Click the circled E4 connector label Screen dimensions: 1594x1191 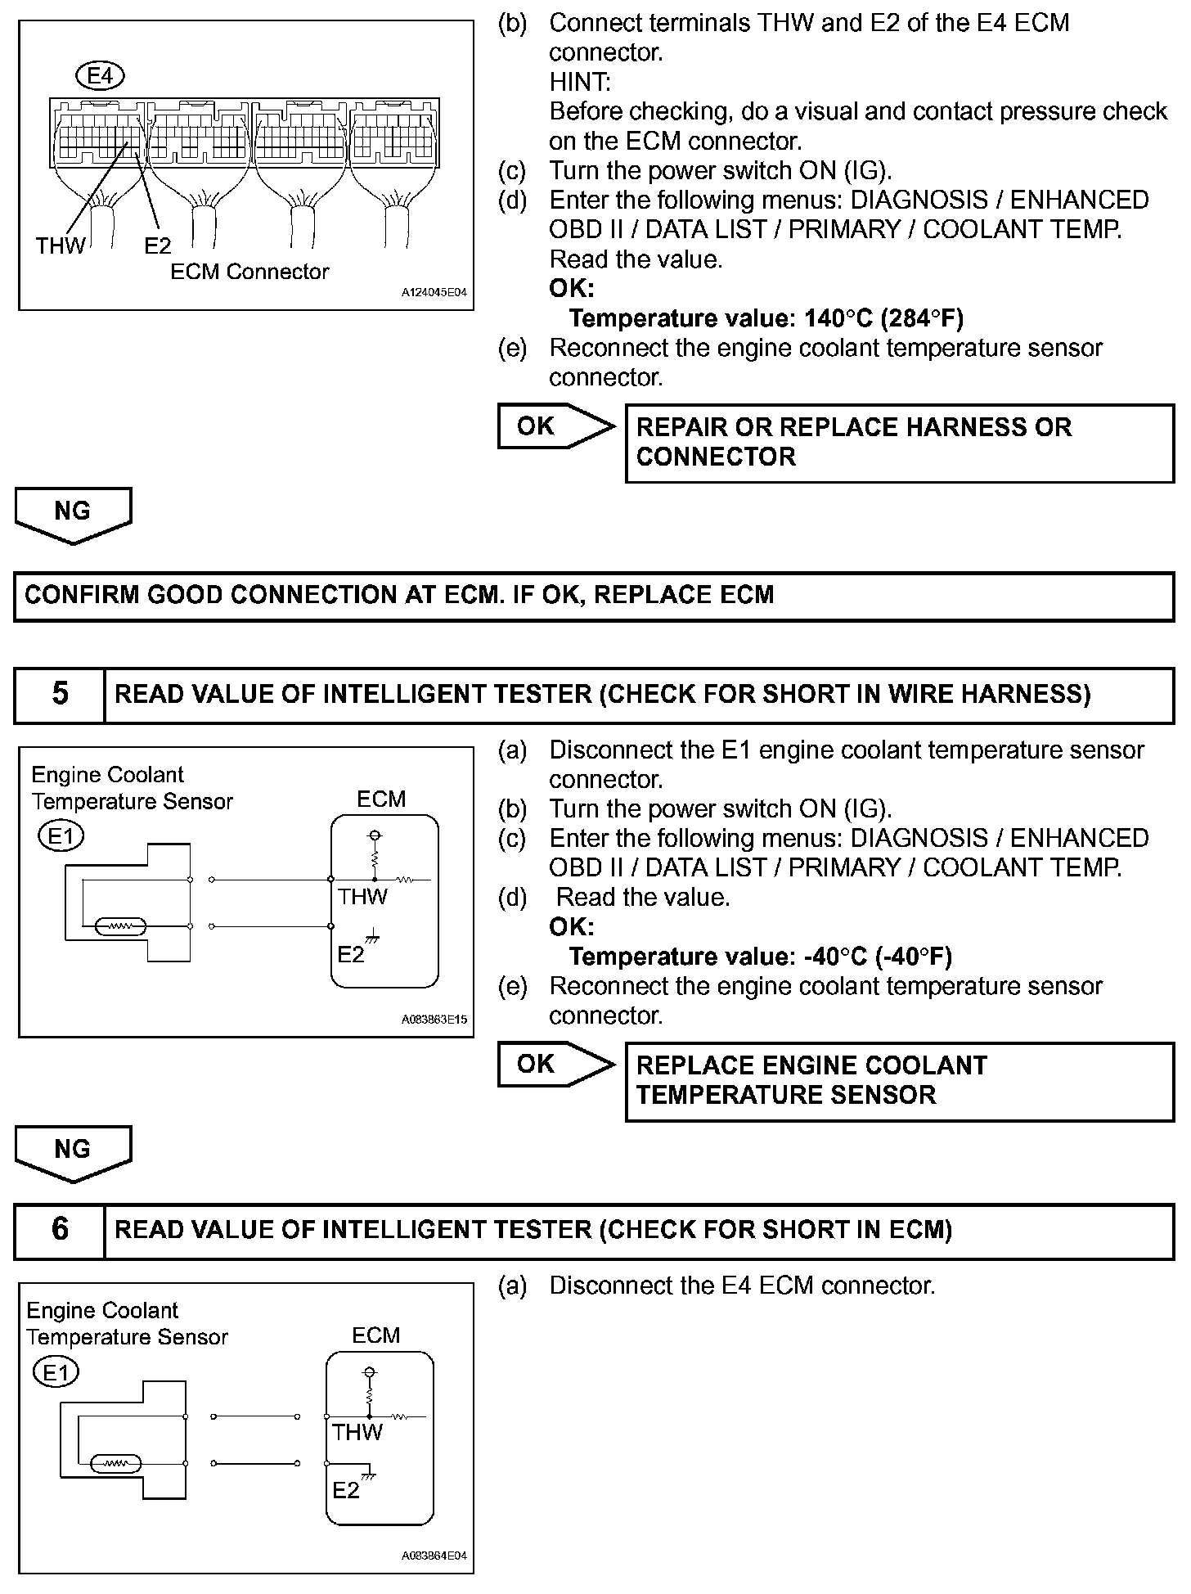[99, 76]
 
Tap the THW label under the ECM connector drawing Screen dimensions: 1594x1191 [60, 245]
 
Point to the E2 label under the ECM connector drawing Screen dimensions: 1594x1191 [157, 245]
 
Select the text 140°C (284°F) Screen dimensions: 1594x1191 [883, 318]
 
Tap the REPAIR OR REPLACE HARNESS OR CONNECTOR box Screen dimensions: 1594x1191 [899, 442]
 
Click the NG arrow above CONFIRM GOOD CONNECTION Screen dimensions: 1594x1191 [73, 514]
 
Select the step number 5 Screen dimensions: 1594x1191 [60, 694]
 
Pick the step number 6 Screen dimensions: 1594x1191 [60, 1230]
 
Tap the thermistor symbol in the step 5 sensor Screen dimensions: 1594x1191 [121, 926]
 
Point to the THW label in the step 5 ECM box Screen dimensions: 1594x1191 [362, 897]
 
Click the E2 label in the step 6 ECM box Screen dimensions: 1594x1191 [346, 1490]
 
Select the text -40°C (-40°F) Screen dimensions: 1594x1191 [878, 957]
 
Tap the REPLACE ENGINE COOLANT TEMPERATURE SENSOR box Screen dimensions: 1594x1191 [899, 1080]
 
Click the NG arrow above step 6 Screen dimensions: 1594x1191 [73, 1152]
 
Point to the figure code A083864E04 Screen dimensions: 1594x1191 [434, 1556]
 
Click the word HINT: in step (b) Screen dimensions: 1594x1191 [580, 82]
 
